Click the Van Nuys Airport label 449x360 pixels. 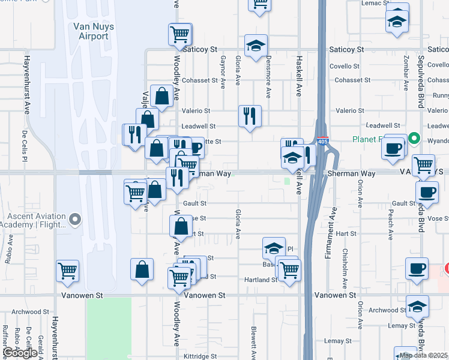[x=91, y=31]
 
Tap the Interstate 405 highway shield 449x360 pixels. [x=323, y=142]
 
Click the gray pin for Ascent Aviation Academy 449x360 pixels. [x=74, y=220]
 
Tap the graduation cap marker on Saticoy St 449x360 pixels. [x=256, y=46]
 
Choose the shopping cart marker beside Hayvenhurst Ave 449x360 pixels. [x=68, y=271]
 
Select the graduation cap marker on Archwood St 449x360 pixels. [x=417, y=307]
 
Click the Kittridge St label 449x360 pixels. [x=201, y=356]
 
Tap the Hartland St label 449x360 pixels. [x=260, y=280]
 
